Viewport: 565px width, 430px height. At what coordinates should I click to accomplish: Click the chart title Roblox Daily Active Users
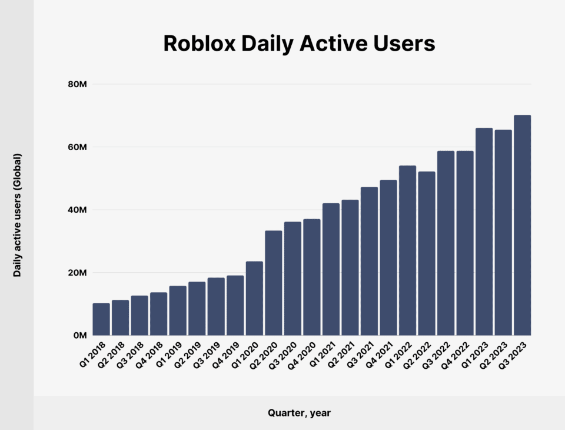[299, 44]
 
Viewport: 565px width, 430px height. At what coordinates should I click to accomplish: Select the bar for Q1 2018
[101, 319]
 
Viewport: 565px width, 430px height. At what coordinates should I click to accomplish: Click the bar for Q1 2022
[407, 250]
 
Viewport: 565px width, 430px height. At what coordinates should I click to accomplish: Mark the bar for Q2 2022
[427, 253]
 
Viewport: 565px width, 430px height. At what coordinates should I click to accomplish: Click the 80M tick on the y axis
[78, 84]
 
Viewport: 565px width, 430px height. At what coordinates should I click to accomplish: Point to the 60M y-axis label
[78, 147]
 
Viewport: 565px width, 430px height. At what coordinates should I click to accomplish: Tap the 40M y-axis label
[78, 210]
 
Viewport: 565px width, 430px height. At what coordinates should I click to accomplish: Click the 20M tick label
[78, 273]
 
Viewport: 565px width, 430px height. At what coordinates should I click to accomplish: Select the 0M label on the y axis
[80, 336]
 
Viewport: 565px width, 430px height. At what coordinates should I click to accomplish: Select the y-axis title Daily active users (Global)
[18, 215]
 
